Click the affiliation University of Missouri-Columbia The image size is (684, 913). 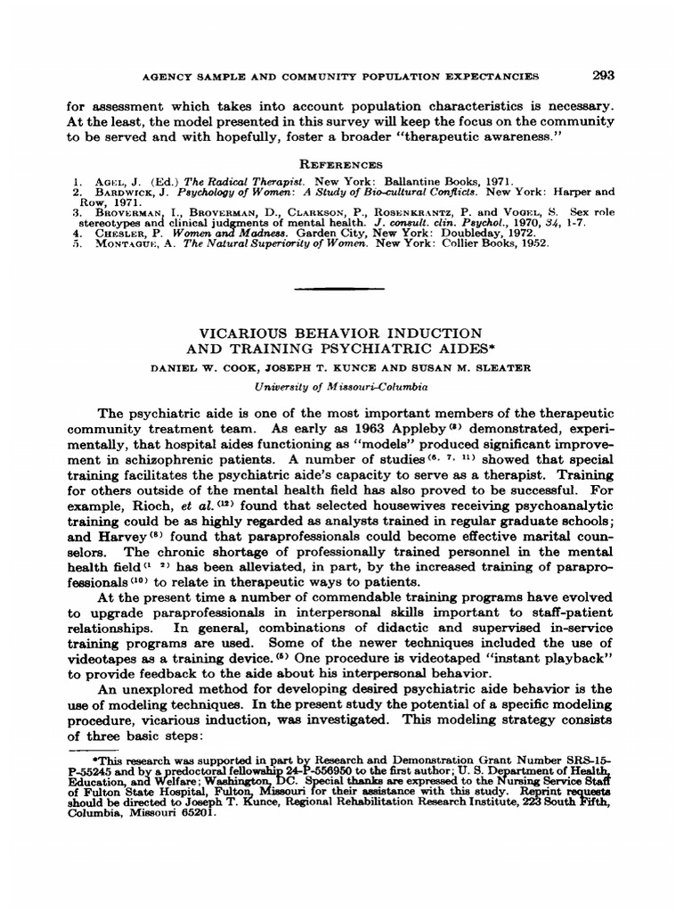342,388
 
